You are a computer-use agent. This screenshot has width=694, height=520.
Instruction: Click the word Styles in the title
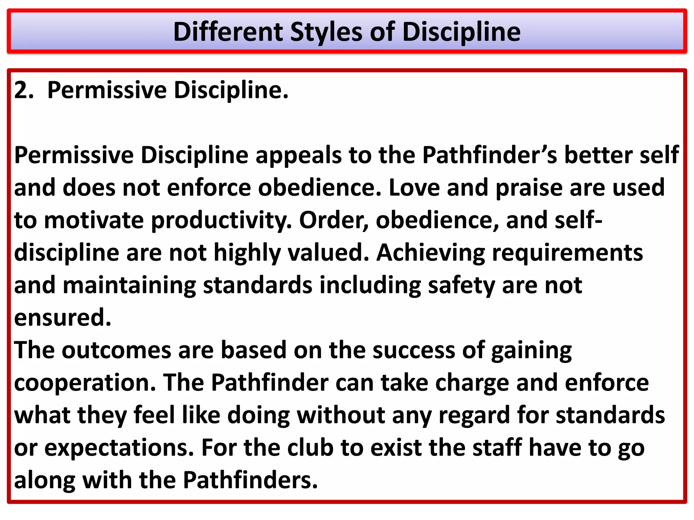pyautogui.click(x=326, y=32)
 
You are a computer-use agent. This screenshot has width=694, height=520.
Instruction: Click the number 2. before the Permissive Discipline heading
pyautogui.click(x=24, y=90)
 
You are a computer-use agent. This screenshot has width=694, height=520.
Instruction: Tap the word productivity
pyautogui.click(x=221, y=220)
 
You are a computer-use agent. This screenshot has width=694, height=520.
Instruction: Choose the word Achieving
pyautogui.click(x=430, y=253)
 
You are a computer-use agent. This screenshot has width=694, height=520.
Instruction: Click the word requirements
pyautogui.click(x=567, y=253)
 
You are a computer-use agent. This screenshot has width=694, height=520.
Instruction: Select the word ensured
pyautogui.click(x=63, y=318)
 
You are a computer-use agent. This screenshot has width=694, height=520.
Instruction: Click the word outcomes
pyautogui.click(x=116, y=350)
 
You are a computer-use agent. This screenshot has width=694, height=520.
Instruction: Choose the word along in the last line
pyautogui.click(x=45, y=480)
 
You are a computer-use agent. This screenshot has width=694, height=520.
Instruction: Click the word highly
pyautogui.click(x=247, y=253)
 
